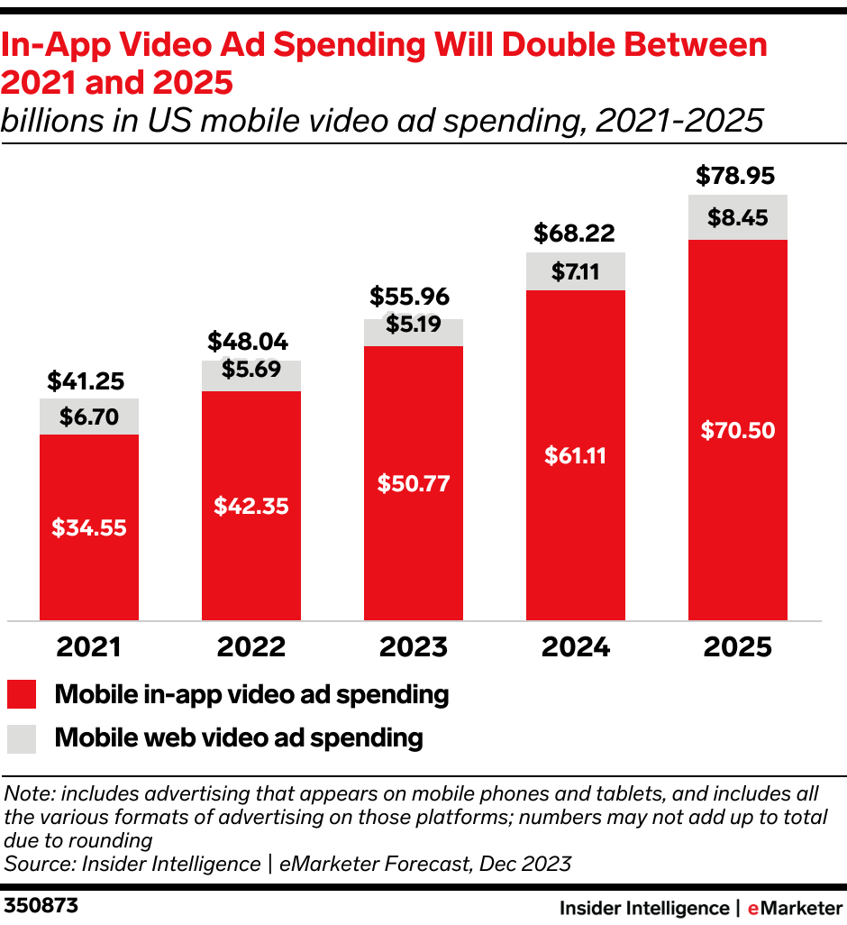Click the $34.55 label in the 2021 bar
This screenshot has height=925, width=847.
pos(88,528)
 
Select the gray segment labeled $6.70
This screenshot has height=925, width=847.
pos(88,417)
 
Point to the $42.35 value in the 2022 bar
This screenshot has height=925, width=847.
pos(250,506)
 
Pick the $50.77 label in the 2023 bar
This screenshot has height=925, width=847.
pos(413,483)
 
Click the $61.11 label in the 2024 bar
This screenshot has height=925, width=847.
pos(575,455)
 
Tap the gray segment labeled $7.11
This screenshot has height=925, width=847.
pos(575,271)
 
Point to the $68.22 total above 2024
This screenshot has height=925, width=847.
pos(575,234)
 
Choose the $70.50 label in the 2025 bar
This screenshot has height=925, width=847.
pos(737,430)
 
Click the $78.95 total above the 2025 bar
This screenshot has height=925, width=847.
pos(737,177)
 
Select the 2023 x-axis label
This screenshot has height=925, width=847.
pos(413,646)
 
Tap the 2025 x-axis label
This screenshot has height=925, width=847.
pos(737,646)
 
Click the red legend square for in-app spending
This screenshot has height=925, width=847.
pos(21,695)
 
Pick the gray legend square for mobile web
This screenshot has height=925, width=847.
pos(21,738)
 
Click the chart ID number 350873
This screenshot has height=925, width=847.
pos(41,905)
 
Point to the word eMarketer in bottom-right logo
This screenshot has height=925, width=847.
pos(794,907)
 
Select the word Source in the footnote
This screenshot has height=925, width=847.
pos(37,864)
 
